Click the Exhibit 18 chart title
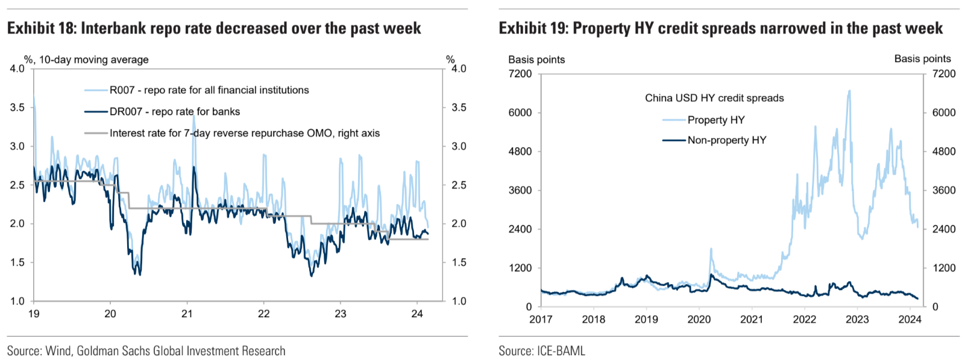(214, 28)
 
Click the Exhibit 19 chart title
(720, 28)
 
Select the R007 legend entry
(209, 90)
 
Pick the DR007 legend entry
(174, 112)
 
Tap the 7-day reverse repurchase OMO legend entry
(244, 133)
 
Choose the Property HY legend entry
(715, 120)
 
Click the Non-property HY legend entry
(726, 140)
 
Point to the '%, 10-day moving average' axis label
(86, 60)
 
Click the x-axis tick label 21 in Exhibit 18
(187, 314)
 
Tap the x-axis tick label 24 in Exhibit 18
(416, 314)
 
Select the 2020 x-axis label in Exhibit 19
(699, 319)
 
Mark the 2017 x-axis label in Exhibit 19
(541, 319)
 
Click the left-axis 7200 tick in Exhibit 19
(520, 74)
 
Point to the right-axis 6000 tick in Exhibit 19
(943, 113)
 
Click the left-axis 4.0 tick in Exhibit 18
(17, 69)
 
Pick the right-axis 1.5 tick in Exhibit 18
(459, 262)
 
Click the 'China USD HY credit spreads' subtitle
(714, 98)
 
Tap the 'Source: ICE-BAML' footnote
(541, 351)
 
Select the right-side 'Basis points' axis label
(922, 58)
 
